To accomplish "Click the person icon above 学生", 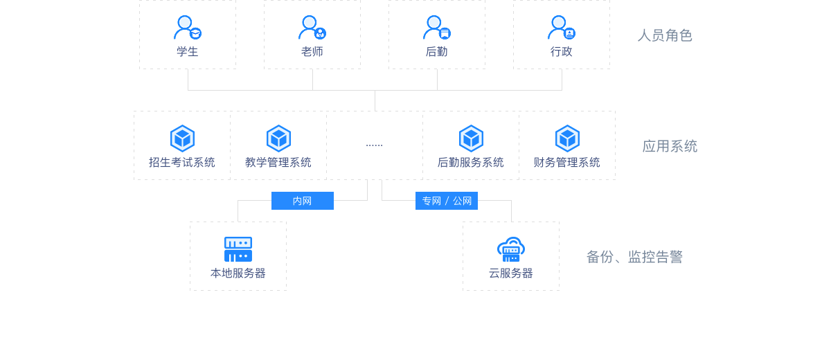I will point(187,28).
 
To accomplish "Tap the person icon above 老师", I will point(312,28).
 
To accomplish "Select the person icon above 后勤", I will point(436,28).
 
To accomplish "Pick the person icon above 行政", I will point(561,28).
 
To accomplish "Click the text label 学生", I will point(188,52).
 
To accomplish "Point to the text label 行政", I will point(562,52).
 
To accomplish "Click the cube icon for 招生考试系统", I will point(182,138).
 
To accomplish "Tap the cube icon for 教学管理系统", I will point(278,138).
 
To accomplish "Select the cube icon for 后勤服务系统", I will point(471,138).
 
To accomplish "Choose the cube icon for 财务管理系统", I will point(567,138).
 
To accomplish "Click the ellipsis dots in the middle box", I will point(374,145).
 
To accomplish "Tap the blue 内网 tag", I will point(302,201).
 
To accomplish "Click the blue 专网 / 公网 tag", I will point(447,201).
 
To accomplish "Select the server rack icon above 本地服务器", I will point(238,249).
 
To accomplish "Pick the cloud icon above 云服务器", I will point(511,249).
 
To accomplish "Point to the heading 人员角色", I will point(665,35).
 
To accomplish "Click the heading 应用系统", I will point(670,146).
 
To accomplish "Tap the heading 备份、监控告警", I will point(634,257).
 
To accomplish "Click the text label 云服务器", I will point(511,273).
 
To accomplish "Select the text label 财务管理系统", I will point(567,163).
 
